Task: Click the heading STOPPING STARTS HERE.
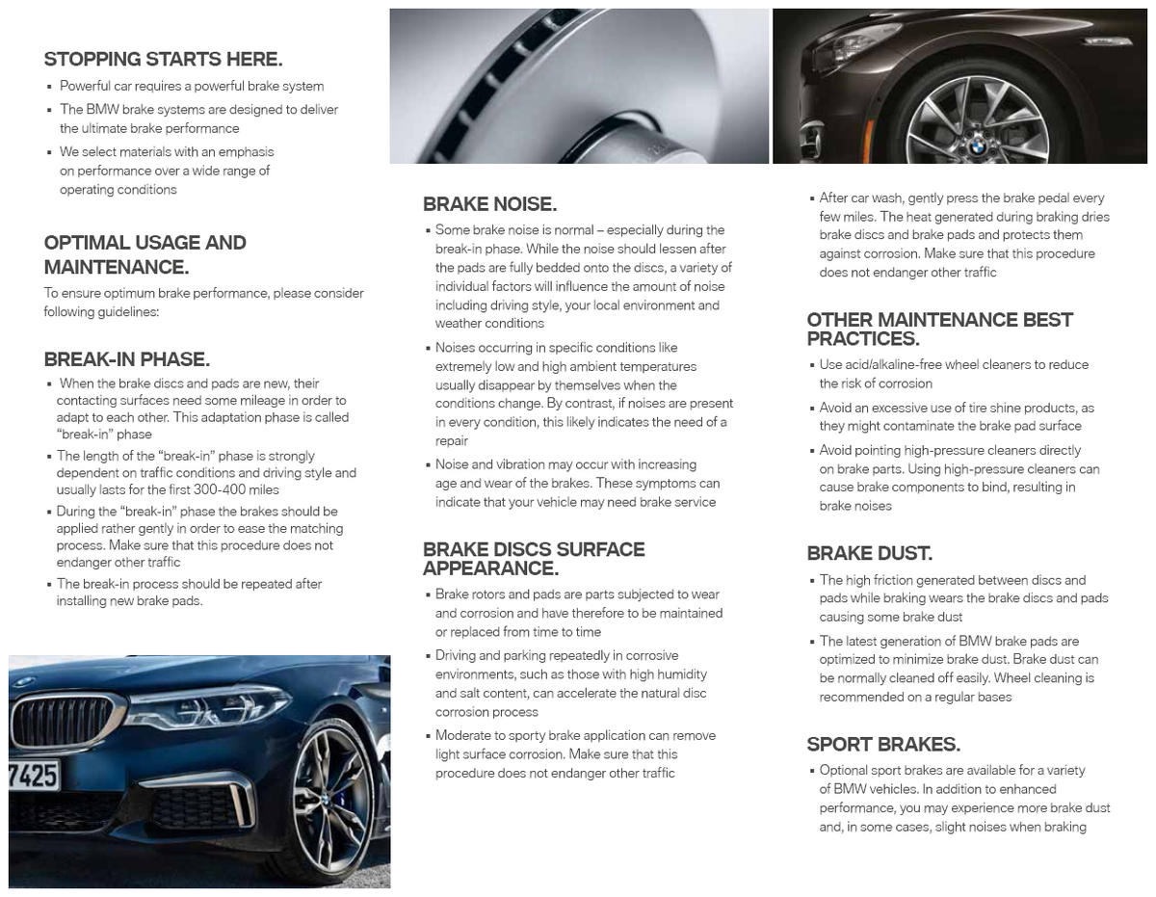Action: (163, 60)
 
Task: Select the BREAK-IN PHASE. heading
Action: (126, 359)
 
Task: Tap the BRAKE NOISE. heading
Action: (489, 204)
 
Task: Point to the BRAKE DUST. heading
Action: (869, 553)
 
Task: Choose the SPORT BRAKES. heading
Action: (882, 744)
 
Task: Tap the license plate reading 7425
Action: (34, 776)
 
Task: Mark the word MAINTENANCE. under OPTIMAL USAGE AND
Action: (116, 267)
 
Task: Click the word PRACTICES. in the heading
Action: (862, 339)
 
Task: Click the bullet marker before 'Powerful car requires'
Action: (49, 87)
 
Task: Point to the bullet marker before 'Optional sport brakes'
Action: (812, 771)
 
